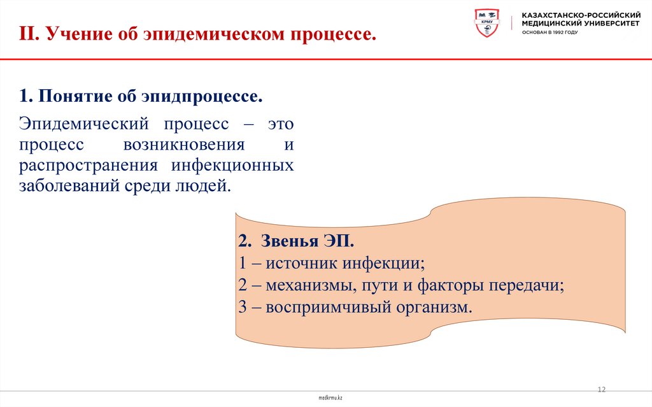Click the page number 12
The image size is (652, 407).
pyautogui.click(x=601, y=389)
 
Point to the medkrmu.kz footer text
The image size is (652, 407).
pyautogui.click(x=330, y=397)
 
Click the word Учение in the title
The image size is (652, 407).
pyautogui.click(x=75, y=34)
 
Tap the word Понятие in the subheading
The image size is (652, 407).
pyautogui.click(x=73, y=97)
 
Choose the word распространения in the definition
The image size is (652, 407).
pyautogui.click(x=88, y=165)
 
